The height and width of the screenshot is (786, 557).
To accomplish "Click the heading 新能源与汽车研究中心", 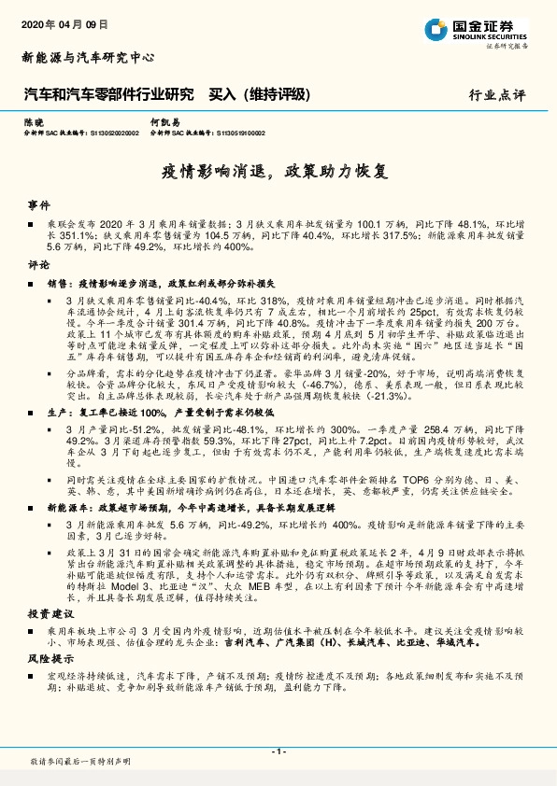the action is click(x=88, y=57).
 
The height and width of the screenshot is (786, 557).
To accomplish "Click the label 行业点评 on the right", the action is click(x=505, y=95).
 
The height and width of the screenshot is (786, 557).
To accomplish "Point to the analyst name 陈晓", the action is click(x=34, y=122).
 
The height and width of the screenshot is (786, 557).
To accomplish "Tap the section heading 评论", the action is click(x=37, y=265).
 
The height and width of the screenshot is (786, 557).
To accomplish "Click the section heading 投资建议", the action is click(x=46, y=614).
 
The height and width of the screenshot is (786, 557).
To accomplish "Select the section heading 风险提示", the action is click(x=46, y=660).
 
